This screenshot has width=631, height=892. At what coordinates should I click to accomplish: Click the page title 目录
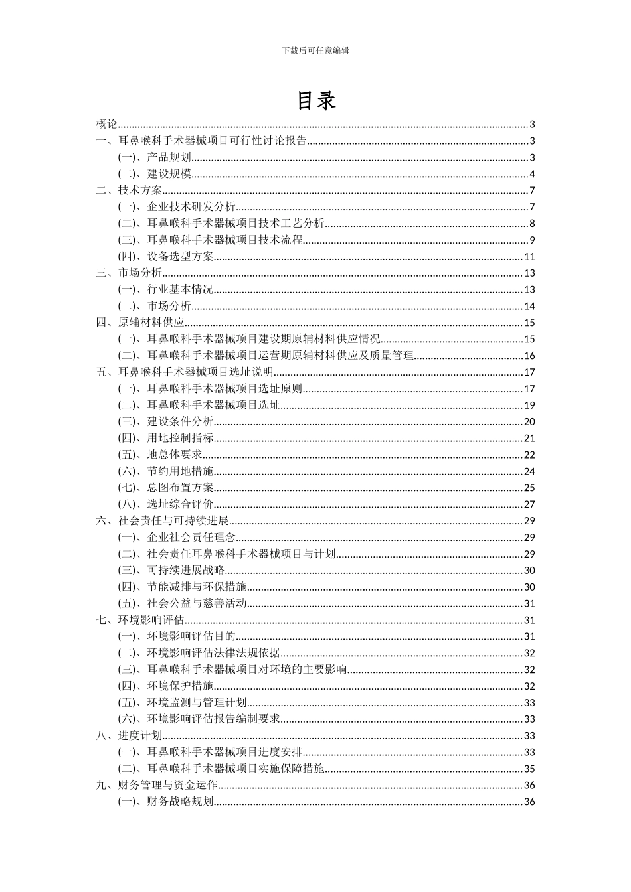[315, 100]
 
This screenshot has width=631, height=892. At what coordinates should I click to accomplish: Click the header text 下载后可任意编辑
[315, 50]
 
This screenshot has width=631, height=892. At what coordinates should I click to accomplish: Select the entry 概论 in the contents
[107, 124]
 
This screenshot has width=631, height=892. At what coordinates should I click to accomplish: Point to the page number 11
[529, 257]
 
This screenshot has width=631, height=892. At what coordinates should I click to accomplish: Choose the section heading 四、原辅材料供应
[140, 323]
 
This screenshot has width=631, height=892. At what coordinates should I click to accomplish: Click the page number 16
[529, 356]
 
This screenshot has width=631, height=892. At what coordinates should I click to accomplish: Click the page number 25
[529, 488]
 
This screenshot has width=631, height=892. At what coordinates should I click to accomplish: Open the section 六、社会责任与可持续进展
[163, 521]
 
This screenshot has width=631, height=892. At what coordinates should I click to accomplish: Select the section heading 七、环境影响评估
[140, 620]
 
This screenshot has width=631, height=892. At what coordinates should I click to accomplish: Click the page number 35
[529, 769]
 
